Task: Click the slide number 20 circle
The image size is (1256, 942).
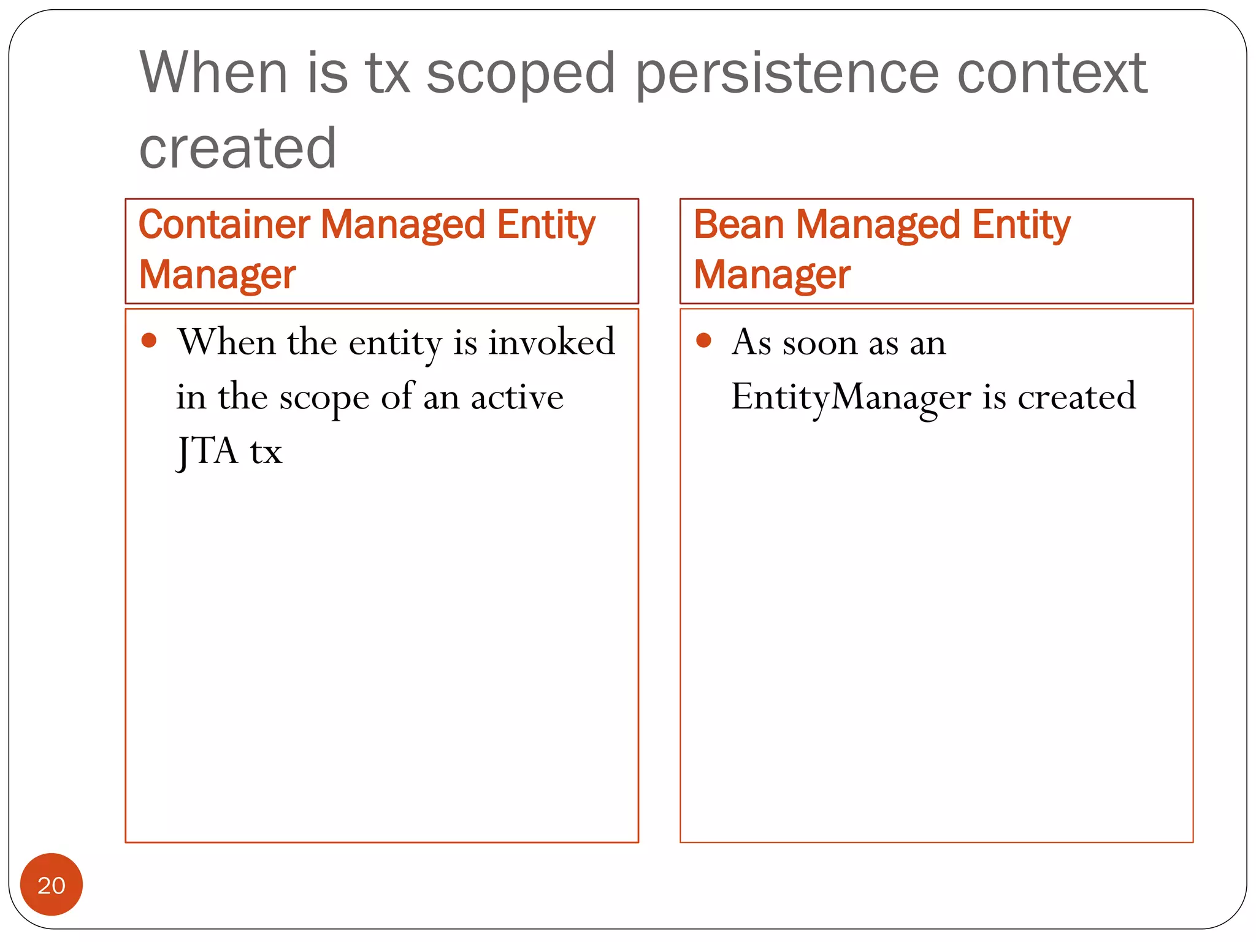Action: pos(52,884)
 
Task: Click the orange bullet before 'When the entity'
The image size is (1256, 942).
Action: pos(149,340)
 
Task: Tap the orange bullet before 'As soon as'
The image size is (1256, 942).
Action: pos(703,340)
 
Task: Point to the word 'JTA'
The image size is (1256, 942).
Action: pos(207,451)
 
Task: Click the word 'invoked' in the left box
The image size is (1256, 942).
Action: pos(551,342)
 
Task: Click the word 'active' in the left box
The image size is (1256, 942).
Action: pos(517,397)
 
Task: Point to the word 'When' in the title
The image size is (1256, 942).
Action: pos(213,74)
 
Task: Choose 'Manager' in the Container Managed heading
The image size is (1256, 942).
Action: pos(217,275)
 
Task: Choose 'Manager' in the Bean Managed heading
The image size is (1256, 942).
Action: pos(772,275)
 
